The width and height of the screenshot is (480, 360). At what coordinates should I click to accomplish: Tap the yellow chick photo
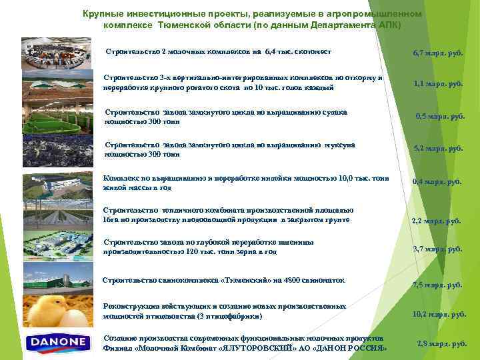[57, 311]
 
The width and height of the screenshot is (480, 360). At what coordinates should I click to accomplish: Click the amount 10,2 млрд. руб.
[439, 313]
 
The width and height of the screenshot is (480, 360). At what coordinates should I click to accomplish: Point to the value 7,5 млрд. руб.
[437, 285]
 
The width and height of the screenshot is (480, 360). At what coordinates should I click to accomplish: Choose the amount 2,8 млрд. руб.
[441, 343]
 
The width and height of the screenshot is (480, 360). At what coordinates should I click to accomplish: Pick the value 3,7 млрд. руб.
[437, 249]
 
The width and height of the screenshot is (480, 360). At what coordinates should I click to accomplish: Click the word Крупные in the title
[103, 13]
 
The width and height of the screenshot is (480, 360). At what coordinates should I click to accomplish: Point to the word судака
[333, 112]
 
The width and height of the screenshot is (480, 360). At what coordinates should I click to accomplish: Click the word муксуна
[339, 145]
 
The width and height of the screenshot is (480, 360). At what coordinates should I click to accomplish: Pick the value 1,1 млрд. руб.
[438, 84]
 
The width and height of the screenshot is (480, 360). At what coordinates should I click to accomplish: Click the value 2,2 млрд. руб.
[436, 221]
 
